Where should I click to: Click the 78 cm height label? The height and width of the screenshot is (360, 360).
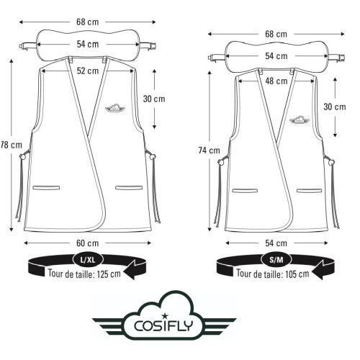pyautogui.click(x=9, y=145)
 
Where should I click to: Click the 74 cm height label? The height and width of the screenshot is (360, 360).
pyautogui.click(x=210, y=150)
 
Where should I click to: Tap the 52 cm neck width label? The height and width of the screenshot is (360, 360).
pyautogui.click(x=88, y=70)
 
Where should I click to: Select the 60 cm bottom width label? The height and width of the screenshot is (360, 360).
pyautogui.click(x=88, y=243)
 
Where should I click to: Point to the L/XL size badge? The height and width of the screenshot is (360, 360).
pyautogui.click(x=85, y=258)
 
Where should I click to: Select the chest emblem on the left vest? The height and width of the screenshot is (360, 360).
pyautogui.click(x=114, y=107)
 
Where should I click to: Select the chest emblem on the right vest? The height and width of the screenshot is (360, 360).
pyautogui.click(x=297, y=120)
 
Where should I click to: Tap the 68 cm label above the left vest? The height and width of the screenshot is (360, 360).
pyautogui.click(x=88, y=22)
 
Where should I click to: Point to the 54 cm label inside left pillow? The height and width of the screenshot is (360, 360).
pyautogui.click(x=88, y=45)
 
